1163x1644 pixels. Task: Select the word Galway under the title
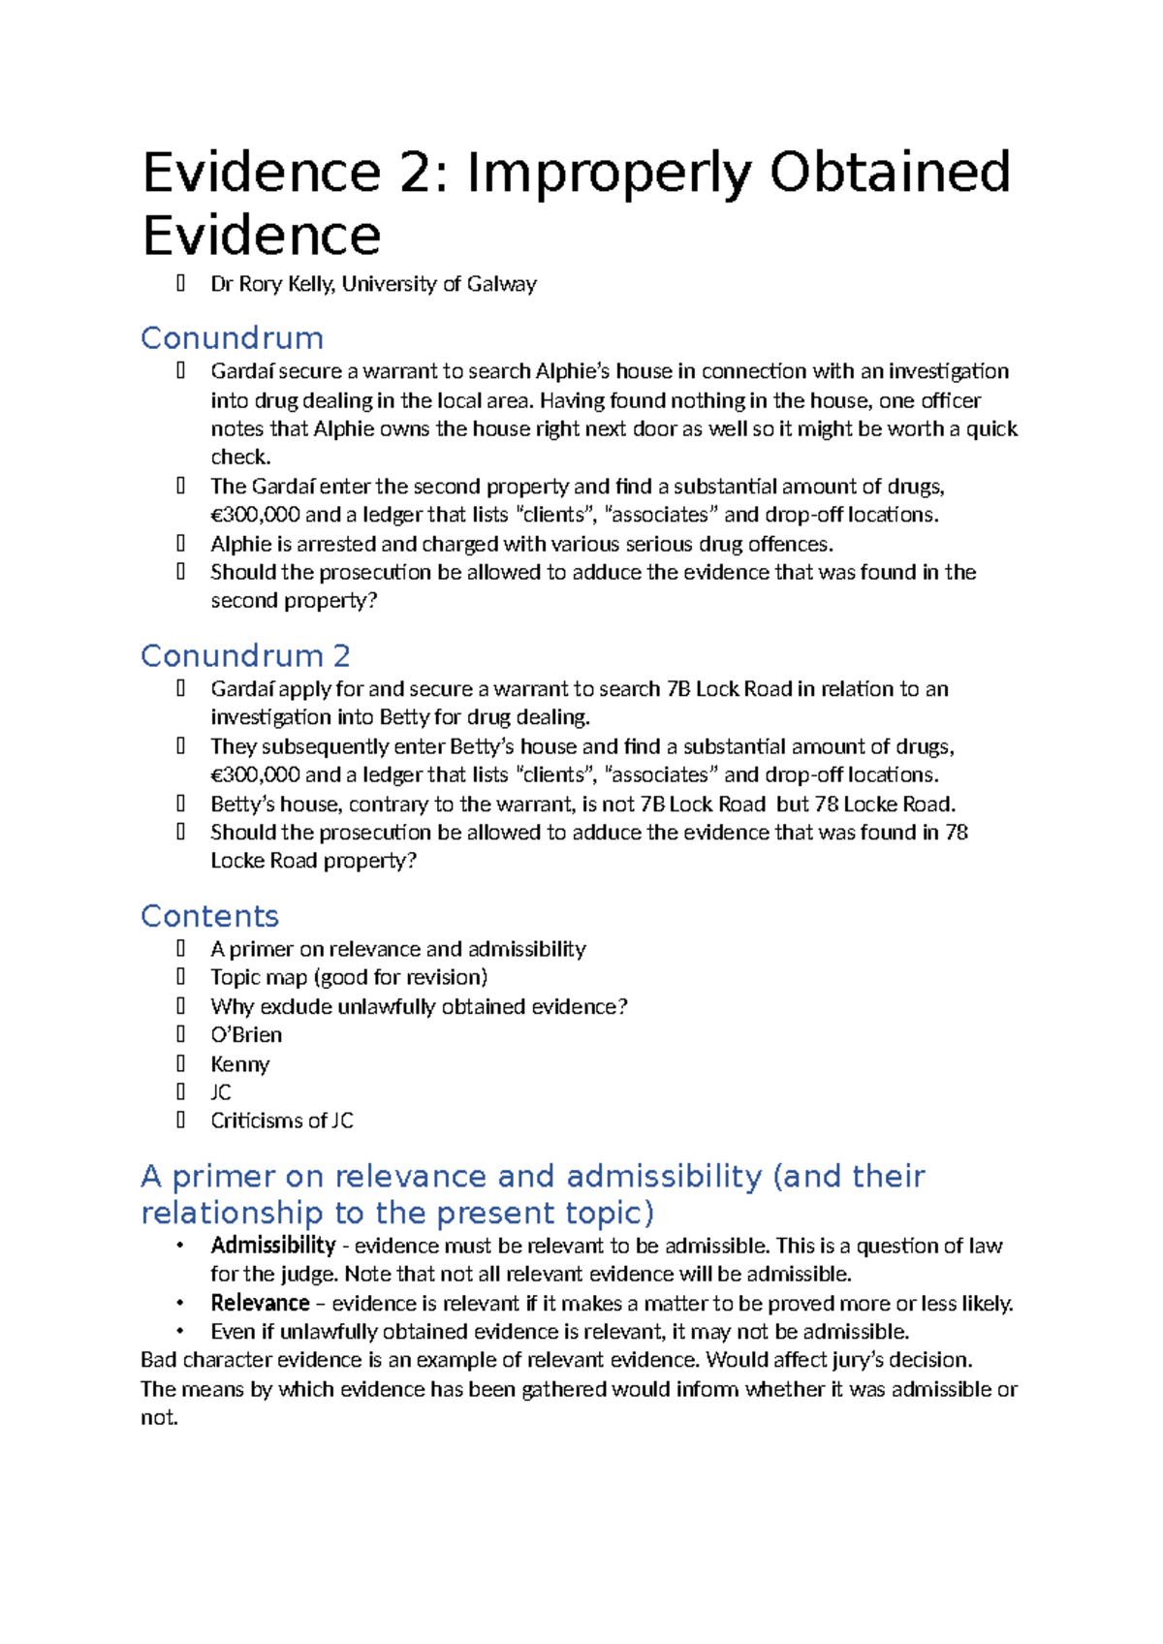(501, 284)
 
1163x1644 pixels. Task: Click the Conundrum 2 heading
(245, 656)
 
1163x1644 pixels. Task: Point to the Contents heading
(209, 916)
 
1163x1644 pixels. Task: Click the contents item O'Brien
(246, 1035)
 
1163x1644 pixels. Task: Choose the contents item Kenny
(240, 1064)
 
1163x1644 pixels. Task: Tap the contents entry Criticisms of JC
(282, 1121)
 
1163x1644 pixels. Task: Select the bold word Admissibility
(273, 1246)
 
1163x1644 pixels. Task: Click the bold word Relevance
(260, 1303)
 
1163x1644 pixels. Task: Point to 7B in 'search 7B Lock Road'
(677, 689)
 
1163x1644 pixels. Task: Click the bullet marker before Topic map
(181, 977)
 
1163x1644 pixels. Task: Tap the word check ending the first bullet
(239, 458)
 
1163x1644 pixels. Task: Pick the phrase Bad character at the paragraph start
(197, 1360)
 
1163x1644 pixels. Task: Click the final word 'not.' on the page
(160, 1418)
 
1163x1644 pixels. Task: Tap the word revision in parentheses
(442, 977)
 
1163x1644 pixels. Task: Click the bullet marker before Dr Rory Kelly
(181, 284)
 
